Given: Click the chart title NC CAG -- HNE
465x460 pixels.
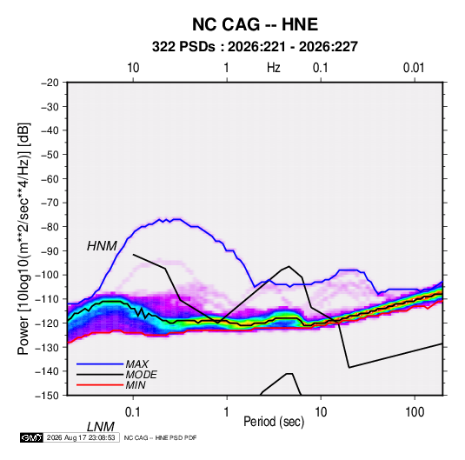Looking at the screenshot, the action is [x=255, y=24].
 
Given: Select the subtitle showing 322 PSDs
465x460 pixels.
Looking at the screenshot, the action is [x=255, y=47].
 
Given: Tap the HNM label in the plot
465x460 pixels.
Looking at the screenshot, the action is [x=102, y=246].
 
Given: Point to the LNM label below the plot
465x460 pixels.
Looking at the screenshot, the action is [x=101, y=427].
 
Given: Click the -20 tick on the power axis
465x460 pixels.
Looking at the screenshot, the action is [x=50, y=83].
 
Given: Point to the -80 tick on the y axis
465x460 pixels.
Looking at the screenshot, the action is [x=50, y=227].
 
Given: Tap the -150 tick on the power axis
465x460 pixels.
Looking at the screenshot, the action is [x=47, y=396].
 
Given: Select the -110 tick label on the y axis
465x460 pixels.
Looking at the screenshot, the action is [x=47, y=299].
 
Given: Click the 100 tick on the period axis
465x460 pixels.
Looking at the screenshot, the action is [x=415, y=412].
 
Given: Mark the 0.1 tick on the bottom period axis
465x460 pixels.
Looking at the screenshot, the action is [x=133, y=412].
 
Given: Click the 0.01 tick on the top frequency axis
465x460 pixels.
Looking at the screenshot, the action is [x=414, y=68].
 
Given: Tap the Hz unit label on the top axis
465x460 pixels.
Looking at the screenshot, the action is [x=274, y=68].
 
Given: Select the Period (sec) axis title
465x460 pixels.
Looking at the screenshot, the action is [x=274, y=422].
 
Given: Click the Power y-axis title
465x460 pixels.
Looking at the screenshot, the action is [x=23, y=239].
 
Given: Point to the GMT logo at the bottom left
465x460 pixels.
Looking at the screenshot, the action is [x=32, y=437].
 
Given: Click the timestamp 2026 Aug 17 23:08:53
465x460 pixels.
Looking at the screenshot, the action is [x=81, y=437].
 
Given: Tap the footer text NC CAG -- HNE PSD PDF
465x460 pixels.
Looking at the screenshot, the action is [x=160, y=437].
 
